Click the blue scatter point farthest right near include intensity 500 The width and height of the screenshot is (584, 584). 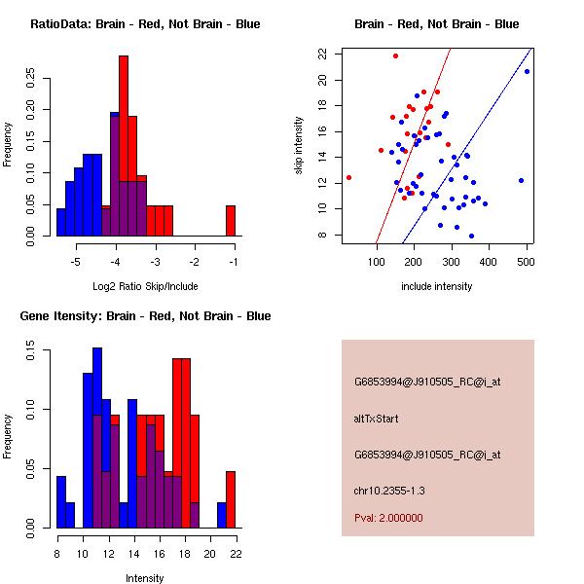[x=527, y=71]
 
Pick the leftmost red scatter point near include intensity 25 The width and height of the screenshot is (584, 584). [x=348, y=177]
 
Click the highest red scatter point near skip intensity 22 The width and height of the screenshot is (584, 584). [x=395, y=55]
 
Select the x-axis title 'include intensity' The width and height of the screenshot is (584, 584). [x=436, y=287]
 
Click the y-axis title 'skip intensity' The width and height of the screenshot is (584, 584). [x=300, y=146]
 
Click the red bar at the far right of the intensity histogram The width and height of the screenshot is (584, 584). [x=231, y=499]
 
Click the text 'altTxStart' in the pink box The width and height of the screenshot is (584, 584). [x=376, y=419]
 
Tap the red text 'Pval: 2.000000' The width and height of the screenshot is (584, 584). [x=388, y=518]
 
